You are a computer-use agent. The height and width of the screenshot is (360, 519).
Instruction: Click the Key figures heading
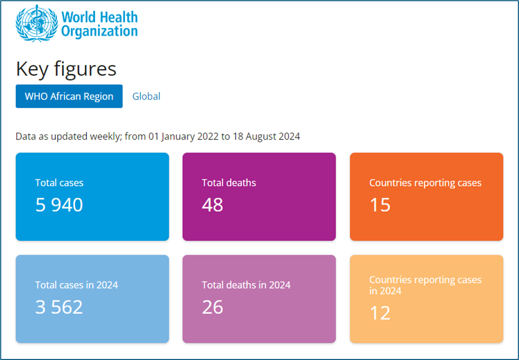66,69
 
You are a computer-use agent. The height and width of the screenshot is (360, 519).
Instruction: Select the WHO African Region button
69,96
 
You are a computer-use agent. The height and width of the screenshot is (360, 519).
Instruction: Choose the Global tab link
146,96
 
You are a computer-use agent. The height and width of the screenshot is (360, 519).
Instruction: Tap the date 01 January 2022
184,137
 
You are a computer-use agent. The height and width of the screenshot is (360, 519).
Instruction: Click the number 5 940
59,205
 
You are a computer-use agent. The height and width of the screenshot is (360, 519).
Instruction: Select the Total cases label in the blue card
59,183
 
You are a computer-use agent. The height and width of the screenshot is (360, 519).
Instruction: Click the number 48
213,205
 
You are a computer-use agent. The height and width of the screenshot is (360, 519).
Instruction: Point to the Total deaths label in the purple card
229,183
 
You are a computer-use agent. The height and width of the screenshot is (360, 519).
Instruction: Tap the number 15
380,205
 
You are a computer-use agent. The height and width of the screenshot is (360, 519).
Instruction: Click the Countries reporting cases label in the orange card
425,183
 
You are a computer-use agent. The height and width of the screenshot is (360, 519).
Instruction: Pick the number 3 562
59,307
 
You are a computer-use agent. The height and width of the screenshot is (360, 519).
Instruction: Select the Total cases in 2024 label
76,285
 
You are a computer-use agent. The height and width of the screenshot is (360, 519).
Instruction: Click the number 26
213,307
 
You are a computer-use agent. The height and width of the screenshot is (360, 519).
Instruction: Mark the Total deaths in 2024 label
246,285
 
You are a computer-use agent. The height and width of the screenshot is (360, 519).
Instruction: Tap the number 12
380,313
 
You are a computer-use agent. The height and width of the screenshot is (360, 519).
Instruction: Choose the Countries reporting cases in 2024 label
425,285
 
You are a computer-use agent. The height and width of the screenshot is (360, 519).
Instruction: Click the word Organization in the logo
99,31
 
